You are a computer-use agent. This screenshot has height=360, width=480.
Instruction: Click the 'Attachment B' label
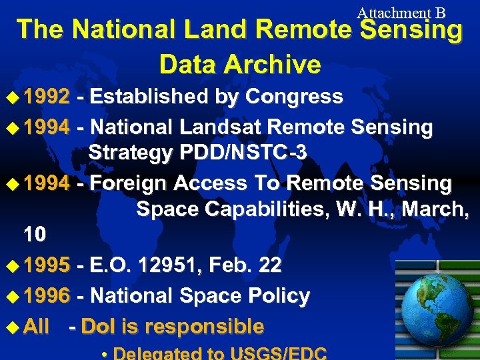(401, 13)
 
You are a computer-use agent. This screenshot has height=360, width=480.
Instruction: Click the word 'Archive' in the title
(273, 65)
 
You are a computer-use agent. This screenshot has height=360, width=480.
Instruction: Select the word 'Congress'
(294, 97)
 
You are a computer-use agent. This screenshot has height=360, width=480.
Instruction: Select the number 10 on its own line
(35, 235)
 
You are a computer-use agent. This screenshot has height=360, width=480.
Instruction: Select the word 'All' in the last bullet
(36, 327)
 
